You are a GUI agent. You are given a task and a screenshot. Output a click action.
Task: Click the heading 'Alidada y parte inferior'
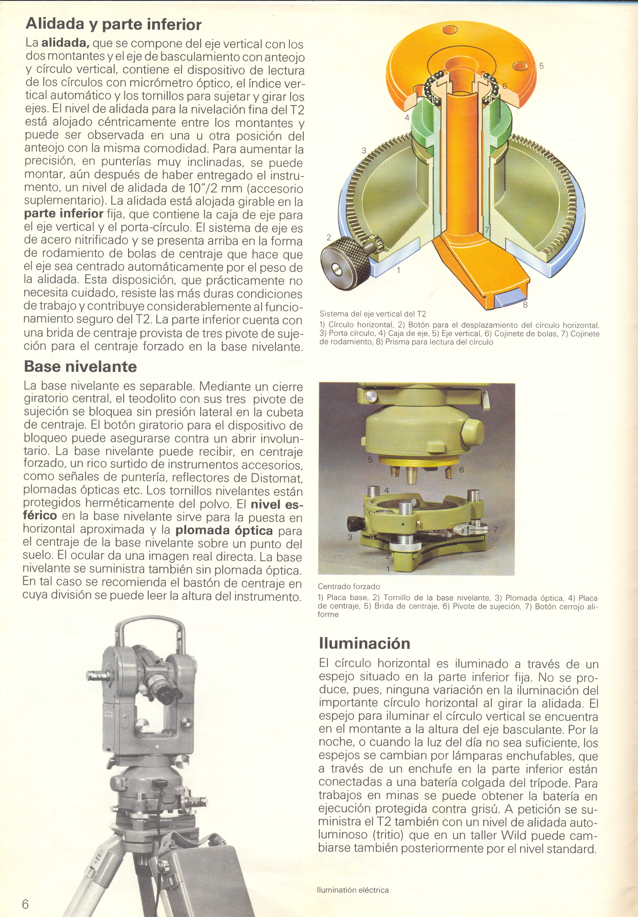113,25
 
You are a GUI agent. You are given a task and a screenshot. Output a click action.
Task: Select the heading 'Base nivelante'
80,366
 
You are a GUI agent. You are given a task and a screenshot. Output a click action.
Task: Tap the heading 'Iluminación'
364,643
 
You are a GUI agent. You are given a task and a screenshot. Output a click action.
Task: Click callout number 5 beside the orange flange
541,66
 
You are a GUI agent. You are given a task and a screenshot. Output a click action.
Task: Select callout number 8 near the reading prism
525,305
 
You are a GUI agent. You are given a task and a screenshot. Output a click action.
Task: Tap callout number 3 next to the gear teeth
363,150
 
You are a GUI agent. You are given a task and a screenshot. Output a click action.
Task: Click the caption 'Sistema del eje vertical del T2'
372,314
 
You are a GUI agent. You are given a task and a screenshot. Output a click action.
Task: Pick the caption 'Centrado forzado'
349,586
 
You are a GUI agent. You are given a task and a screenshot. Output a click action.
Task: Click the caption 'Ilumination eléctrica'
353,890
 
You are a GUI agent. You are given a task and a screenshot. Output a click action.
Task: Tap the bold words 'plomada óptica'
224,530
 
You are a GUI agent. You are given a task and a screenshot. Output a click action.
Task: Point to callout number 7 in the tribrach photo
495,530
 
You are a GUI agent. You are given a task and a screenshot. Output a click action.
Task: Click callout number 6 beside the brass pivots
461,469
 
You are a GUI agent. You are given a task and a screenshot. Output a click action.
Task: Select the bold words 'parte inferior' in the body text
64,214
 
